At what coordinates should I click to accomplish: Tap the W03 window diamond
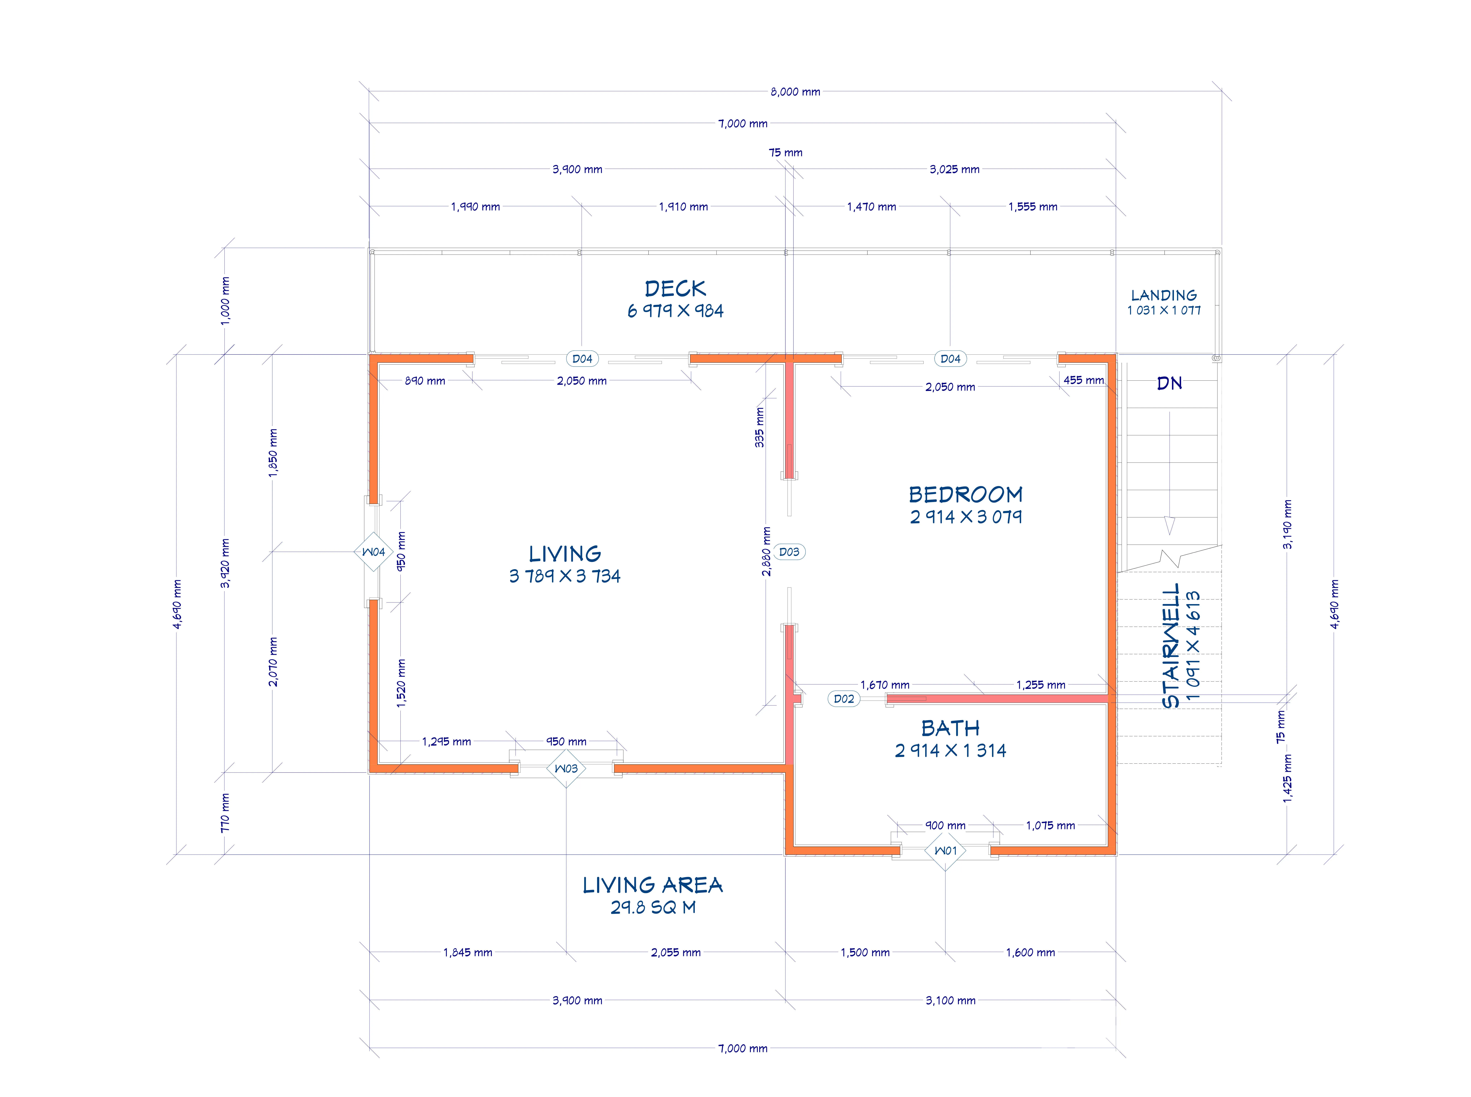coord(566,768)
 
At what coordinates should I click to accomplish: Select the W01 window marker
coord(945,851)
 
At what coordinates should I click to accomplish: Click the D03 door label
coord(789,552)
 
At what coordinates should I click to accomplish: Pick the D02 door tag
coord(844,699)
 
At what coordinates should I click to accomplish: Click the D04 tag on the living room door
coord(582,359)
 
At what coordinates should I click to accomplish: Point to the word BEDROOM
coord(966,495)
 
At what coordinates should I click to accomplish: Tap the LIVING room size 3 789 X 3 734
coord(565,576)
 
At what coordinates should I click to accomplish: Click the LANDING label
coord(1164,295)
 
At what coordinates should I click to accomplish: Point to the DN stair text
coord(1170,383)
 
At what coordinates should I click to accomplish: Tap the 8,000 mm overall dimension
coord(795,92)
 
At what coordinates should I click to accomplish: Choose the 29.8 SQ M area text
coord(653,907)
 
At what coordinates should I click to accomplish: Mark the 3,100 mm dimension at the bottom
coord(951,1000)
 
